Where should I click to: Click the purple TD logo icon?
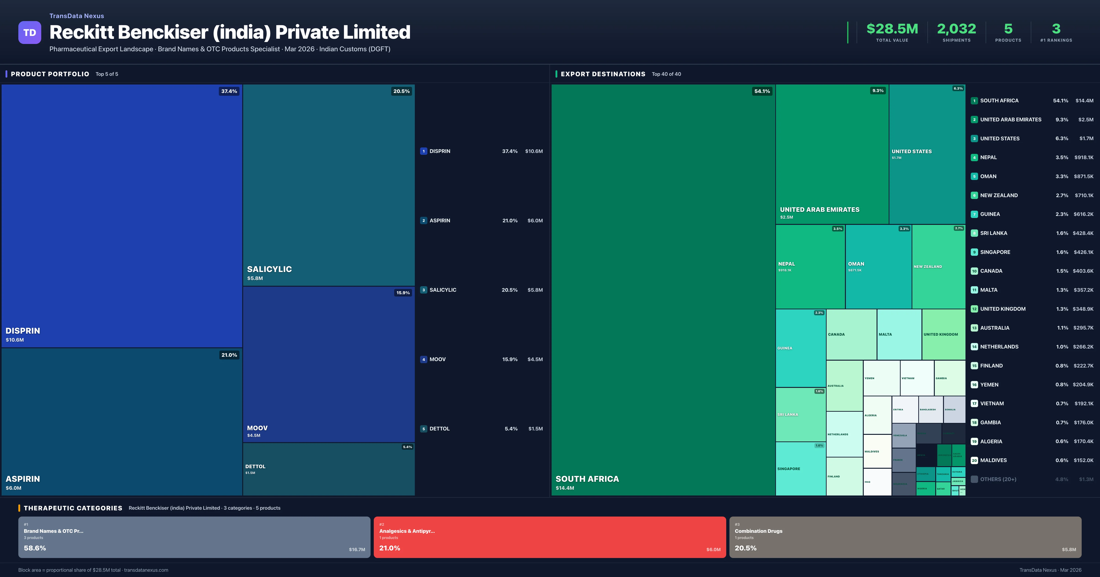pos(30,33)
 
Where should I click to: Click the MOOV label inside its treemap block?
pos(257,428)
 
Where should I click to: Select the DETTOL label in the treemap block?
pos(255,466)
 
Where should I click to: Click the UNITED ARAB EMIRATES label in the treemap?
pos(819,210)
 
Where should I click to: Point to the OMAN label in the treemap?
pos(856,264)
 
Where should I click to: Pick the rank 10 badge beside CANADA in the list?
pos(974,271)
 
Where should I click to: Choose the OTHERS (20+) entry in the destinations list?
pos(998,479)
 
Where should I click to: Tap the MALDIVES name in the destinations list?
pos(993,460)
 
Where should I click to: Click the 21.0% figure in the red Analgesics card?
pos(389,548)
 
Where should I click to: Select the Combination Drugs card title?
pos(758,531)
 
